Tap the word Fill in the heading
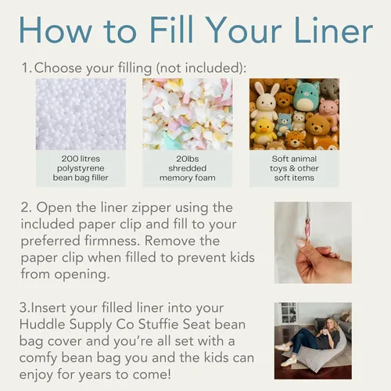[x=171, y=29]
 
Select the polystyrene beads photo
[x=81, y=114]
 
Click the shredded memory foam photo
[x=187, y=114]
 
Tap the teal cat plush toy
[x=307, y=95]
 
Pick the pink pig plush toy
[x=330, y=109]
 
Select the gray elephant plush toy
[x=329, y=88]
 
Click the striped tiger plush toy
[x=295, y=139]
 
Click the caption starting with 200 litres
[x=81, y=168]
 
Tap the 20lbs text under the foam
[x=188, y=159]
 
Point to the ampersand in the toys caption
[x=293, y=168]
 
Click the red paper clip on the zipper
[x=307, y=228]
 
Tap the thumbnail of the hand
[x=313, y=242]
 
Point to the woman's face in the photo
[x=329, y=324]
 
